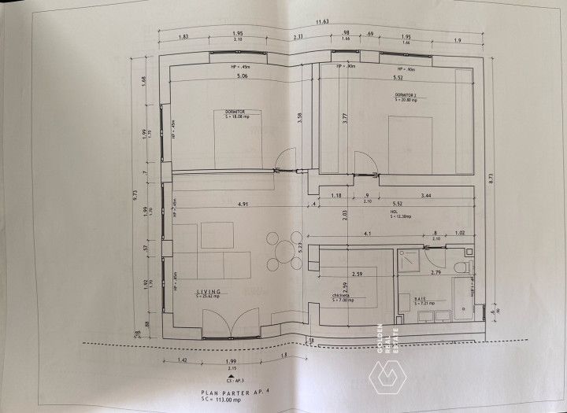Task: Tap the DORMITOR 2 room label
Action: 408,94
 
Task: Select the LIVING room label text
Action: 209,292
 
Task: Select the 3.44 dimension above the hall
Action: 426,194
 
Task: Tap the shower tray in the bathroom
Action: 408,260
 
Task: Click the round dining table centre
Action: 283,251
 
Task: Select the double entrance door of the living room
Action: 231,323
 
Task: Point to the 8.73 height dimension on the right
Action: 491,179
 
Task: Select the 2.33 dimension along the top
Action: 298,37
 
